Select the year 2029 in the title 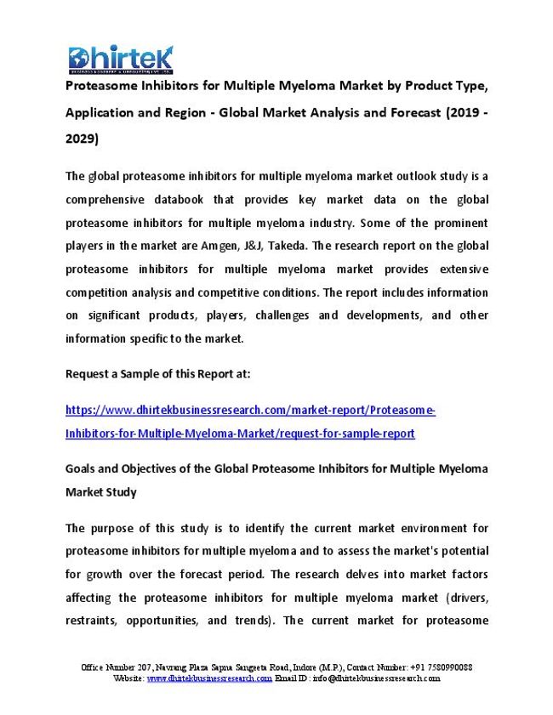82,137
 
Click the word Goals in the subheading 82,468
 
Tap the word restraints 92,620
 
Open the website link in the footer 209,678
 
